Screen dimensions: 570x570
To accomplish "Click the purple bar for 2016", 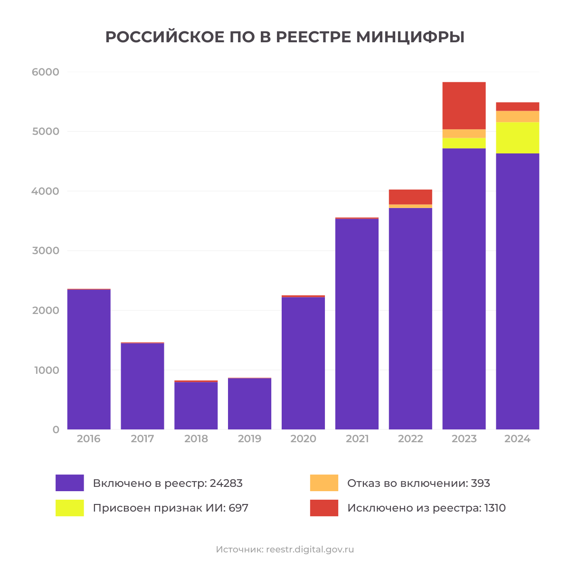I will coord(89,359).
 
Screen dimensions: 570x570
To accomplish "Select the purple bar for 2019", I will coord(249,404).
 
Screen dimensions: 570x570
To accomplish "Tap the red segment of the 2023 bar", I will coord(464,105).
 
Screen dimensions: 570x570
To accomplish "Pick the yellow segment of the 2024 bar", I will coord(517,138).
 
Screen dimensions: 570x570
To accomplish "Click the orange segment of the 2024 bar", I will coord(517,116).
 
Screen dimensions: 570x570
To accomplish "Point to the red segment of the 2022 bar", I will coord(410,197).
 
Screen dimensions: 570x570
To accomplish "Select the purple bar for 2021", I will coord(357,324).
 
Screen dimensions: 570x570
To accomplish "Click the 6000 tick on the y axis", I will coord(46,72).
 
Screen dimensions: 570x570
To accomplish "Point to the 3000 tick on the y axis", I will coord(46,251).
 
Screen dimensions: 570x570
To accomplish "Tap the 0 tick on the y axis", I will coord(56,429).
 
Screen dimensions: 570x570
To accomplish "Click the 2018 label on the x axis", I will coord(196,439).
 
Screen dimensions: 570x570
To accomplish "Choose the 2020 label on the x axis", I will coord(303,439).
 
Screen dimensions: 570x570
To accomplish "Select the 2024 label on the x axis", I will coord(517,439).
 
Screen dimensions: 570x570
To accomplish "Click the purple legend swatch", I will coord(70,483).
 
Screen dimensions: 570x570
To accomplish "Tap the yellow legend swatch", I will coord(70,508).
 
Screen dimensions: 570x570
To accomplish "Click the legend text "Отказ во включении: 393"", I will coord(418,484).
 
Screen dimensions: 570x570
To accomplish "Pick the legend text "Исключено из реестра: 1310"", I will coord(426,508).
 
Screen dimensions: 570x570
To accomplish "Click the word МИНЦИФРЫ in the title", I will coord(410,37).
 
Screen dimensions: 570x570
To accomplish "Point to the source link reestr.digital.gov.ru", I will coord(310,550).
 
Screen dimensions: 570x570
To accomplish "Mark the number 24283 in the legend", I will coord(226,484).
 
